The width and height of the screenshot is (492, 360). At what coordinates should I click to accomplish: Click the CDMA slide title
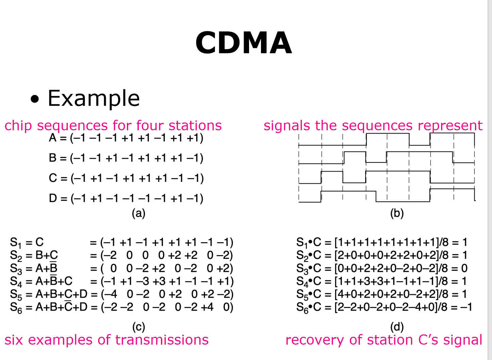point(243,43)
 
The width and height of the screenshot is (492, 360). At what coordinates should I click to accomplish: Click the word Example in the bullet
point(94,98)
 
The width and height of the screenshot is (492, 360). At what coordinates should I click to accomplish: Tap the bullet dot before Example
point(35,99)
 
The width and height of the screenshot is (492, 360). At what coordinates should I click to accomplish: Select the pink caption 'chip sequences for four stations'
point(113,126)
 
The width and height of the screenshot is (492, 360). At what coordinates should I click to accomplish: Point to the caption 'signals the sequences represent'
point(373,126)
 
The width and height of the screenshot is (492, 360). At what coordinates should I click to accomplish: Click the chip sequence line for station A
point(126,138)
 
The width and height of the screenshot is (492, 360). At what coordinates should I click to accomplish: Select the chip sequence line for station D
point(126,198)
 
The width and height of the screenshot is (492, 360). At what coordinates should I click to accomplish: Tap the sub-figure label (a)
point(138,214)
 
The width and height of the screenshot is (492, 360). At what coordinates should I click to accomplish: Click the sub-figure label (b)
point(397,214)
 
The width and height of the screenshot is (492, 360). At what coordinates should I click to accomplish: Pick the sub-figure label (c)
point(138,327)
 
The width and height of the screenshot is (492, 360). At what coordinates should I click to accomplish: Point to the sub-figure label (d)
point(397,327)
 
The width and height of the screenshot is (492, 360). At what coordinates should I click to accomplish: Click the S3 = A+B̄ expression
point(34,268)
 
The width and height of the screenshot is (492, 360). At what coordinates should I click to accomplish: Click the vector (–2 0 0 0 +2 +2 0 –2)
point(167,255)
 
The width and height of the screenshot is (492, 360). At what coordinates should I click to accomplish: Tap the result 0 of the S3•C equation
point(464,268)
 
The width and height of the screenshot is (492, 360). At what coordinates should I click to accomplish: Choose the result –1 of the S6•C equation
point(466,307)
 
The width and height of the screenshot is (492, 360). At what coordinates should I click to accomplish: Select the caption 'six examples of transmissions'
point(106,340)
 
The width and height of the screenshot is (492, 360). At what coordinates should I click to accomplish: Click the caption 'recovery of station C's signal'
point(384,340)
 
